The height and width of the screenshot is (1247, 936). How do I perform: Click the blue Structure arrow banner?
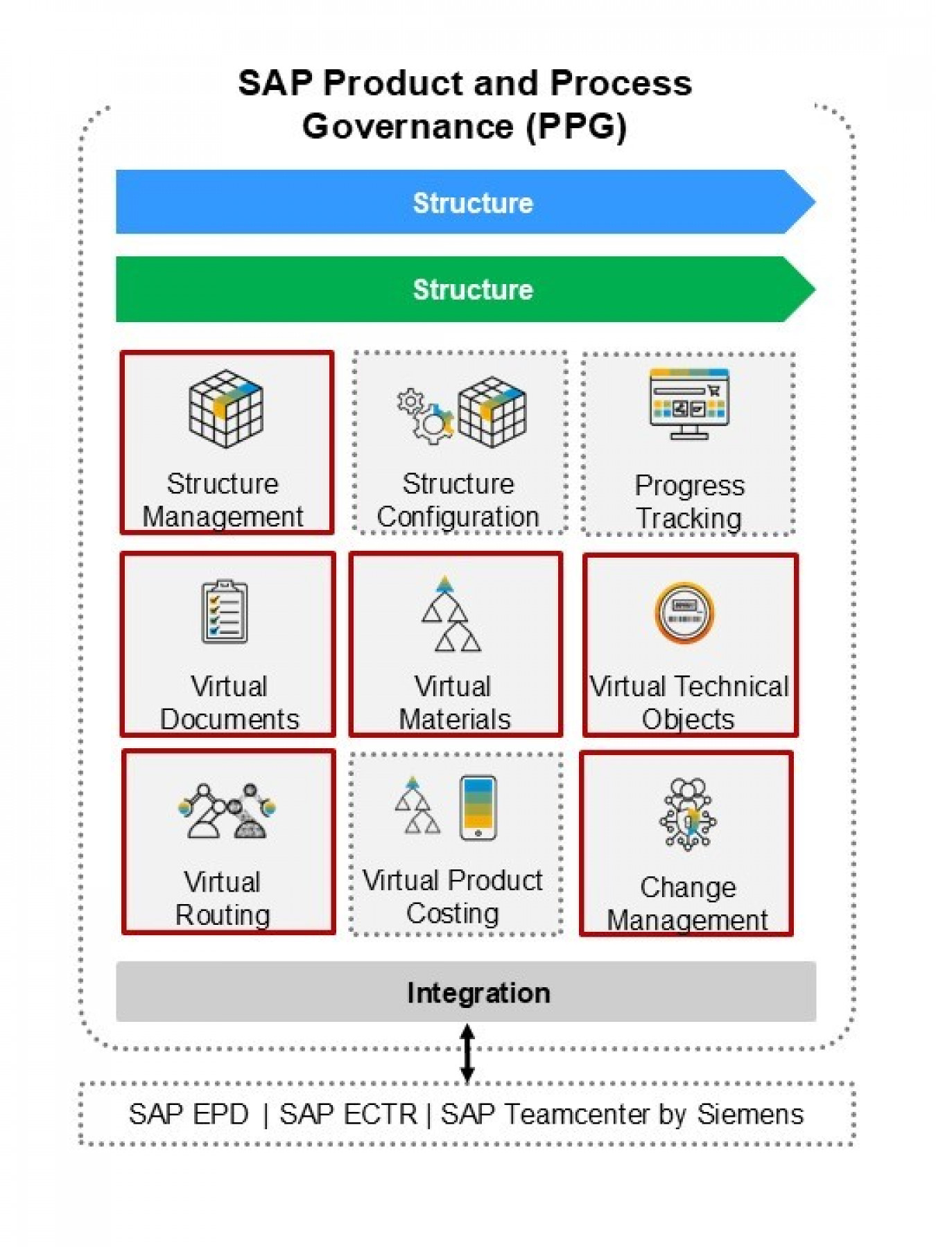[465, 202]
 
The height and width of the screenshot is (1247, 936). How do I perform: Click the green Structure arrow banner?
[465, 289]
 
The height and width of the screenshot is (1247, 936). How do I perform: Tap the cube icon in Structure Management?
[226, 408]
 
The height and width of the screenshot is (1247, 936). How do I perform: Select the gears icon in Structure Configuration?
[424, 414]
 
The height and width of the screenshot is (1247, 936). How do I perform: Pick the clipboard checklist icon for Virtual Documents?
[225, 612]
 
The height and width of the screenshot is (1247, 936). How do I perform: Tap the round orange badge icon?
[685, 612]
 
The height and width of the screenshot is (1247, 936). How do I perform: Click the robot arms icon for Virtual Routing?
[227, 810]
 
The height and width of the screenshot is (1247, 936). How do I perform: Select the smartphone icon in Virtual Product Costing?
[478, 807]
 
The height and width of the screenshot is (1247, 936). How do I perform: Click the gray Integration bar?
[466, 991]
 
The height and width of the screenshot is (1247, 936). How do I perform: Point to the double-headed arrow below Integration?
[468, 1052]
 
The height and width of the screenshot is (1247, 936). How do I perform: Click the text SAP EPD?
[189, 1115]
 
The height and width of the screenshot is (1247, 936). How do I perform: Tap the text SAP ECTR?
[348, 1115]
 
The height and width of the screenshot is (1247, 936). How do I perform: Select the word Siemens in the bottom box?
[750, 1115]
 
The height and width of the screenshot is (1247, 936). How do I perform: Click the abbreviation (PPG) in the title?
[577, 127]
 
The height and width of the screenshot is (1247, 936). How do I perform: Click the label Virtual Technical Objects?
[689, 702]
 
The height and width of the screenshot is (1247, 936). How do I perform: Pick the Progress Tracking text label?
[689, 502]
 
